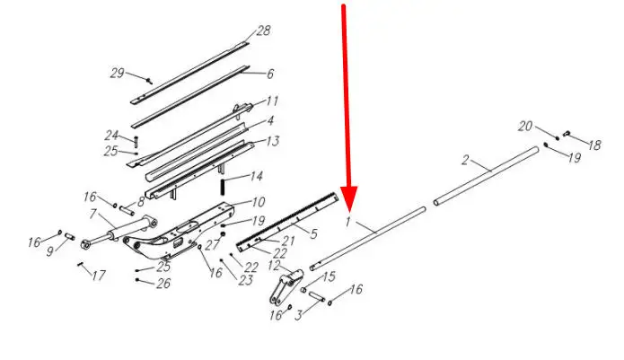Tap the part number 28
click(x=263, y=31)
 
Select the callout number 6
click(x=270, y=74)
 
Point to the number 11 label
click(x=272, y=101)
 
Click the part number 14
click(x=257, y=176)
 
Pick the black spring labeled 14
click(x=223, y=187)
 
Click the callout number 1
click(x=348, y=222)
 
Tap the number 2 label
click(x=465, y=161)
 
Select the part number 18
click(x=594, y=145)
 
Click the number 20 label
click(x=525, y=126)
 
